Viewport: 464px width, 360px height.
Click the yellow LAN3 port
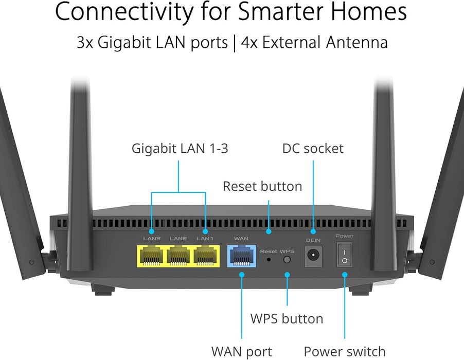150,256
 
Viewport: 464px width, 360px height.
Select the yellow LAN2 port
178,256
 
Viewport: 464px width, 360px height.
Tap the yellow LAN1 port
205,256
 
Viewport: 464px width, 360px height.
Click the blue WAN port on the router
241,256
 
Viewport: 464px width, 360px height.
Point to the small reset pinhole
269,260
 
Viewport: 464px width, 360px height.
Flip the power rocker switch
344,255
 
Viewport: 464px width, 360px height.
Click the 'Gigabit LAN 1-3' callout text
180,149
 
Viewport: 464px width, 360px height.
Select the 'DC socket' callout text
313,149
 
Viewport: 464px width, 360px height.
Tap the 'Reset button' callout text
262,186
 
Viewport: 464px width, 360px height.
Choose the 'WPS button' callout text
287,318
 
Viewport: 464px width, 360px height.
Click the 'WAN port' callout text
241,351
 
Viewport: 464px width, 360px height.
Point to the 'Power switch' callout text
344,351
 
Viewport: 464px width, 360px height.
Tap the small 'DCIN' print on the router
313,240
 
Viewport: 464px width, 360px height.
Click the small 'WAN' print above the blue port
241,239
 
